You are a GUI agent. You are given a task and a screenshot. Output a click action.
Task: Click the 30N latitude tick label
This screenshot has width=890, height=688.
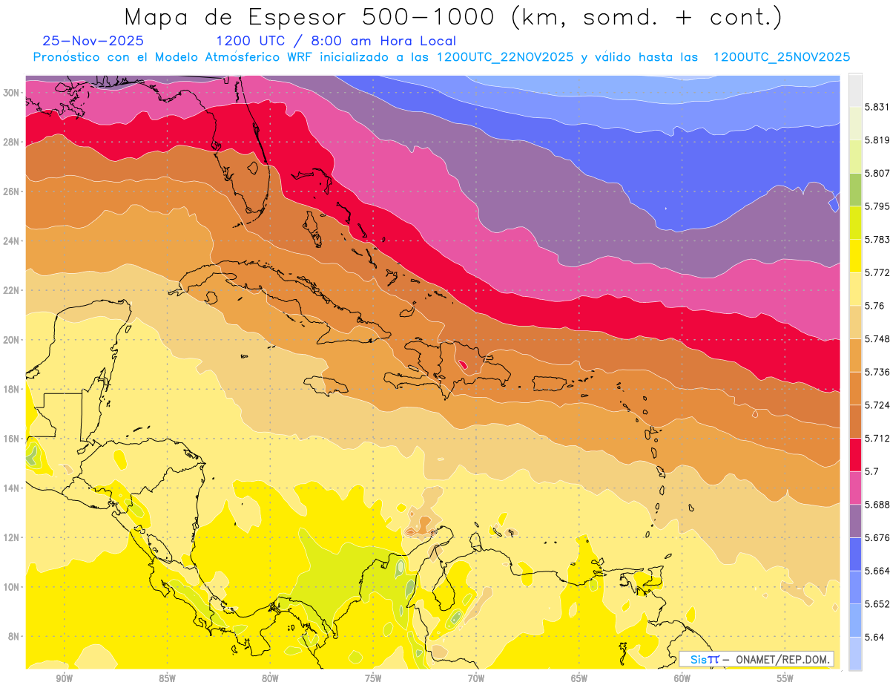[12, 93]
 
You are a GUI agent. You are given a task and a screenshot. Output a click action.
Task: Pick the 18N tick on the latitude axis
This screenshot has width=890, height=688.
[12, 389]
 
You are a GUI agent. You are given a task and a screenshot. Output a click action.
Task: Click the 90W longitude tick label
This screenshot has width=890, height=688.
[64, 678]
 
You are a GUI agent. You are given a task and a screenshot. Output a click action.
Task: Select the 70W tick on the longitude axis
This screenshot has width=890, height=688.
[476, 678]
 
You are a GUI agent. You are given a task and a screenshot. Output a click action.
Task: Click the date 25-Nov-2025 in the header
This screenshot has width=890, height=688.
[93, 41]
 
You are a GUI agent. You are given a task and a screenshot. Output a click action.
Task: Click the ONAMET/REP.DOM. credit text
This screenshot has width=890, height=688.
[778, 659]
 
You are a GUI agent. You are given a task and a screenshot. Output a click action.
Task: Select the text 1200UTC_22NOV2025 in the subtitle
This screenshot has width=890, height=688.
[505, 57]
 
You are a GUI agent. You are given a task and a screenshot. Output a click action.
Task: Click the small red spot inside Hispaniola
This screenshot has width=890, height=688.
[463, 364]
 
